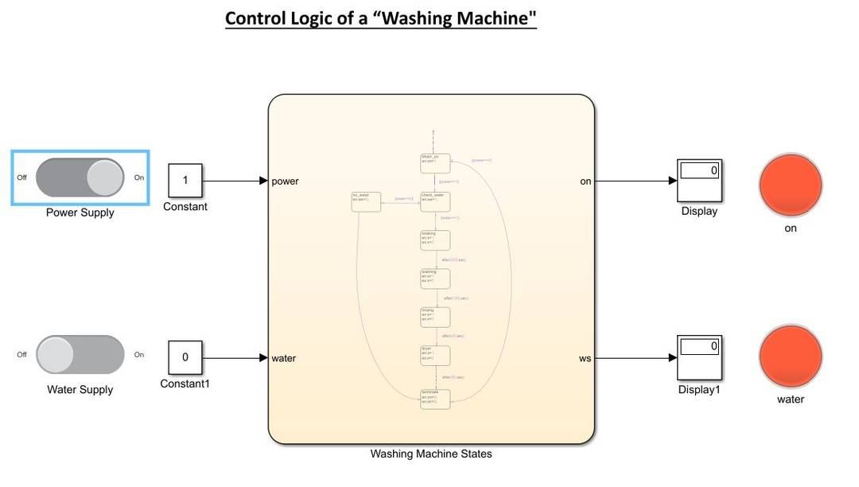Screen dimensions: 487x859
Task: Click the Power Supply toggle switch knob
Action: click(105, 177)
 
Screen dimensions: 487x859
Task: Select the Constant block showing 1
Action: click(185, 181)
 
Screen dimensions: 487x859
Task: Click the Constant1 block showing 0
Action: click(185, 357)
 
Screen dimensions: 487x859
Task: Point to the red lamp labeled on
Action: click(790, 182)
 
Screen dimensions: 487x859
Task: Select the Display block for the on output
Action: click(699, 181)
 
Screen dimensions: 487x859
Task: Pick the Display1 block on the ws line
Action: click(699, 357)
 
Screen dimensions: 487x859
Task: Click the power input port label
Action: click(285, 181)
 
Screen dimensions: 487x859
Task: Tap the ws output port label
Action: click(585, 358)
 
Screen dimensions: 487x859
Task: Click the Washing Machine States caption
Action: click(431, 454)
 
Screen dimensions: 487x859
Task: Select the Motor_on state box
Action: click(435, 163)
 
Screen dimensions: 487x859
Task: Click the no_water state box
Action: click(366, 201)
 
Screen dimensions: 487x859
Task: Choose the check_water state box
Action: click(435, 201)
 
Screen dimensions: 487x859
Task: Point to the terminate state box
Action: click(435, 399)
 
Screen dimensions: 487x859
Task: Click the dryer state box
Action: click(435, 355)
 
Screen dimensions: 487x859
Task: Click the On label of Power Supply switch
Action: click(139, 177)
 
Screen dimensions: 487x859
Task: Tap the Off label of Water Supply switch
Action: click(21, 355)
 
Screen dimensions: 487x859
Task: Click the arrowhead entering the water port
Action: click(264, 358)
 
